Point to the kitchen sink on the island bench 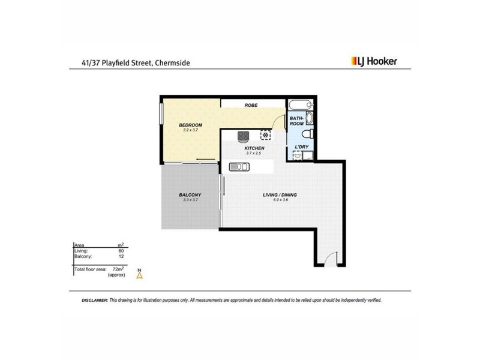pos(238,167)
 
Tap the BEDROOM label pos(191,125)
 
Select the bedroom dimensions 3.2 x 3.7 pos(191,130)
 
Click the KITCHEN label pos(254,148)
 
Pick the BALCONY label pos(190,195)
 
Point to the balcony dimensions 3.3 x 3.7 pos(190,200)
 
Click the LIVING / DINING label pos(280,195)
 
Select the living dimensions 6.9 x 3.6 pos(280,200)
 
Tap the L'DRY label pos(301,147)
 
